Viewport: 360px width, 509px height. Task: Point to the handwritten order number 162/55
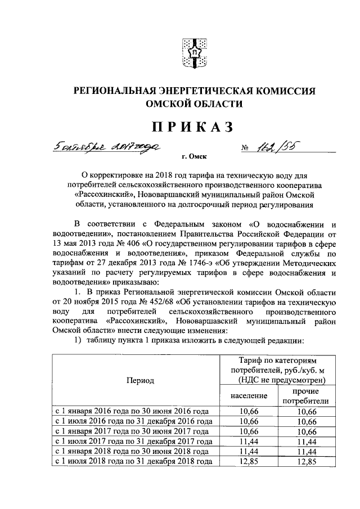click(x=276, y=147)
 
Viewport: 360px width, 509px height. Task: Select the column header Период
click(x=140, y=380)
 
